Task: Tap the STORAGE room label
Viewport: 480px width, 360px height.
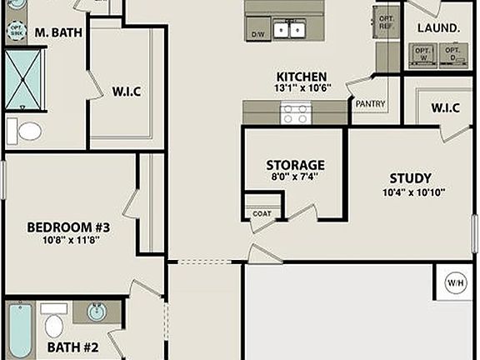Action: pyautogui.click(x=295, y=165)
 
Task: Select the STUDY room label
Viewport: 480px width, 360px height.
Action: pyautogui.click(x=410, y=178)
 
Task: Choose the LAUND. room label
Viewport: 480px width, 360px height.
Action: pyautogui.click(x=438, y=28)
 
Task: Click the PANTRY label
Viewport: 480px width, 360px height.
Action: pyautogui.click(x=369, y=104)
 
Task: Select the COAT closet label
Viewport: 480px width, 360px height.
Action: pyautogui.click(x=262, y=213)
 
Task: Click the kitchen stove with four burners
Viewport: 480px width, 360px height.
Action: pyautogui.click(x=295, y=112)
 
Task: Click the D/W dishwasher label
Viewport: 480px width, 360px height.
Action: pyautogui.click(x=259, y=35)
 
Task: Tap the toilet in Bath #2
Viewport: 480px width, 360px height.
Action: pyautogui.click(x=54, y=324)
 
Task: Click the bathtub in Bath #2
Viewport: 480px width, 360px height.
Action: pyautogui.click(x=18, y=331)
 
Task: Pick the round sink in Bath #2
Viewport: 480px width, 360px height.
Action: pyautogui.click(x=97, y=313)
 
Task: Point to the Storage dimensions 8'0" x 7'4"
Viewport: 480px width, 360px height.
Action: pyautogui.click(x=295, y=177)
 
